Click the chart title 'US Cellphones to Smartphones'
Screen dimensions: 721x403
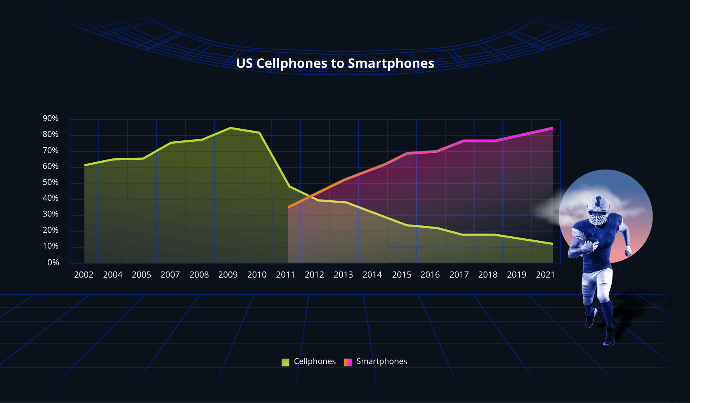(335, 64)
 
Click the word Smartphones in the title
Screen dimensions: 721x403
(391, 64)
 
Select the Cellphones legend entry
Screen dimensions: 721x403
(309, 361)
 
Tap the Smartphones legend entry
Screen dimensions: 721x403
(375, 361)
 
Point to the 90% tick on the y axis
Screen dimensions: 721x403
(51, 119)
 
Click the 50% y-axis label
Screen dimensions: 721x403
(51, 182)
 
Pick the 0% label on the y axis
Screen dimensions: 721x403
(53, 263)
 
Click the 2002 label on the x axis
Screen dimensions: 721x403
(84, 275)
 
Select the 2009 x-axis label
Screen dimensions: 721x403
(228, 275)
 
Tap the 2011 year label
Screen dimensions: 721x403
(286, 275)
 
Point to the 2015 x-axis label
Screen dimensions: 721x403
(401, 275)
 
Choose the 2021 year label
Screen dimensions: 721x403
(545, 275)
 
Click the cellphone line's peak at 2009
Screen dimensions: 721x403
(230, 128)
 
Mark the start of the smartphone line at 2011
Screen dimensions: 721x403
(288, 207)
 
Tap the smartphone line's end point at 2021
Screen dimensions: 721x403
(552, 128)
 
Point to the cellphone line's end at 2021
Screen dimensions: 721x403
(552, 244)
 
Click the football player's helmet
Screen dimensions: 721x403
(598, 210)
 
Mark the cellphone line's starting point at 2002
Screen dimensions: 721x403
(85, 165)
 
